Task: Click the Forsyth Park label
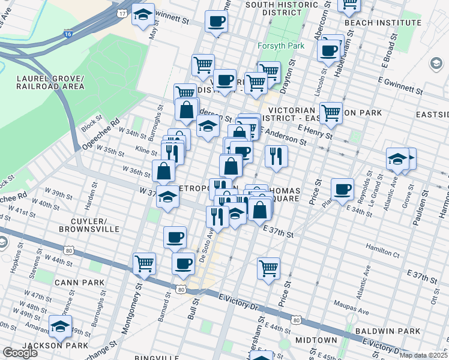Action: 280,46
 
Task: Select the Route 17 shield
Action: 122,12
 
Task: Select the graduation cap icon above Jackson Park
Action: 60,326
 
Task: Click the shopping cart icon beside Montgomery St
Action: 144,262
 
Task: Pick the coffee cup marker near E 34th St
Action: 343,189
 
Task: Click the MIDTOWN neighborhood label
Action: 316,340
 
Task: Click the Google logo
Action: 19,353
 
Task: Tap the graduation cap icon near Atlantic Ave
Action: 397,159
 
